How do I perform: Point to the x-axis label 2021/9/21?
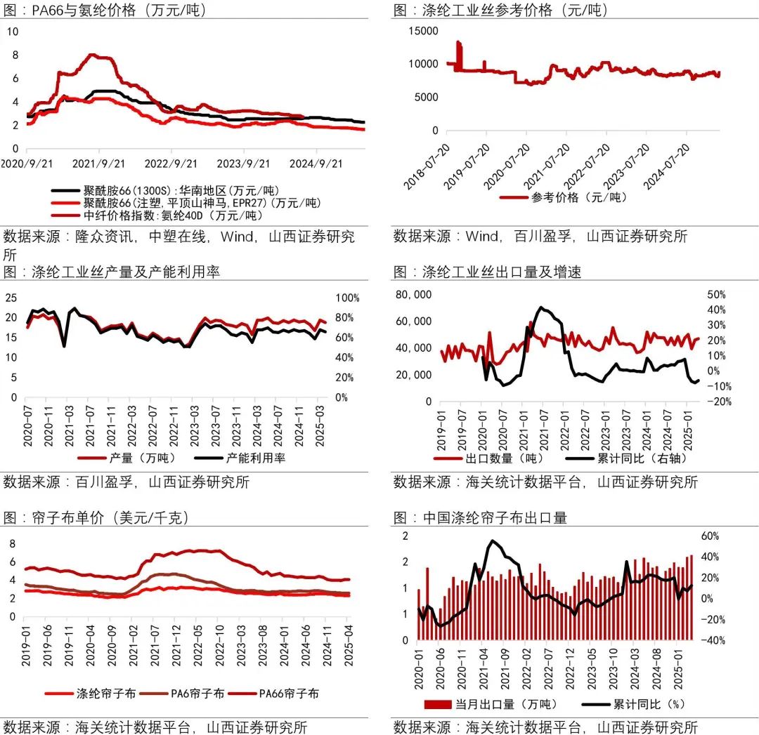pyautogui.click(x=98, y=163)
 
